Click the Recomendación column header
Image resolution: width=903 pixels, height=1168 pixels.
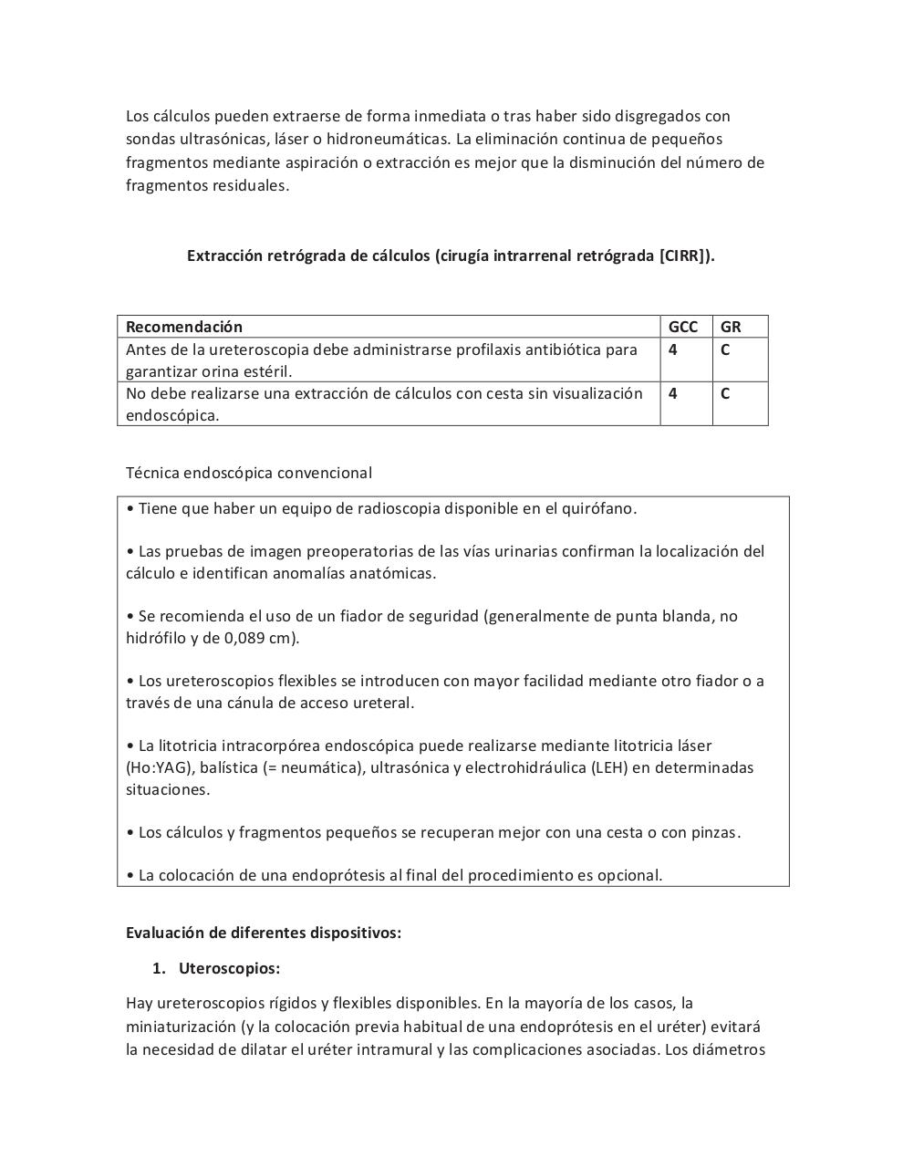(x=184, y=327)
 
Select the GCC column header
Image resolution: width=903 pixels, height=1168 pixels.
(x=682, y=327)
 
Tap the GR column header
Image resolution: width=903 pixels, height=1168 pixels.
(x=731, y=327)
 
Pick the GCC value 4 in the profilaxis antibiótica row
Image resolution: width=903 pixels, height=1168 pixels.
(x=673, y=349)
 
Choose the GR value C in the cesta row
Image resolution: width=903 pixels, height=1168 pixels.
(x=725, y=393)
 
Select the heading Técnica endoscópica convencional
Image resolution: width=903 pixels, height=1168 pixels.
(x=249, y=473)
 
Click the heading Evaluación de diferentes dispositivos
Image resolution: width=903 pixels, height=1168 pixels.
(x=263, y=933)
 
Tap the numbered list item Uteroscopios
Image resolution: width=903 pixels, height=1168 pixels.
(x=229, y=968)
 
